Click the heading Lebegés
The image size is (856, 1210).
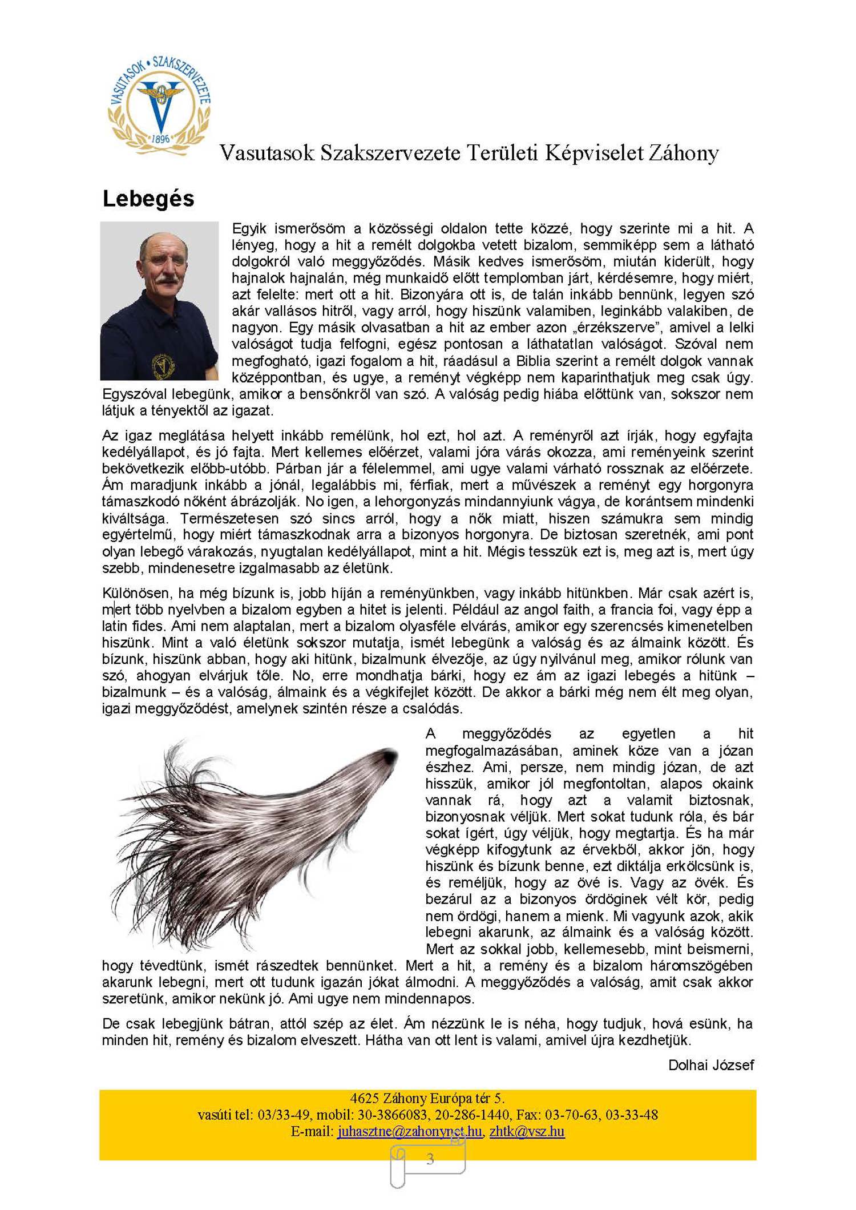(x=148, y=199)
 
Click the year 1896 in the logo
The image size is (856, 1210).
(x=160, y=139)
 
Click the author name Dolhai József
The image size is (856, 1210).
(x=710, y=1065)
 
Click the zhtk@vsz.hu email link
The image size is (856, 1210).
(x=527, y=1131)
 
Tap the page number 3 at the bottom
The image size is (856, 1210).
(x=430, y=1159)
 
